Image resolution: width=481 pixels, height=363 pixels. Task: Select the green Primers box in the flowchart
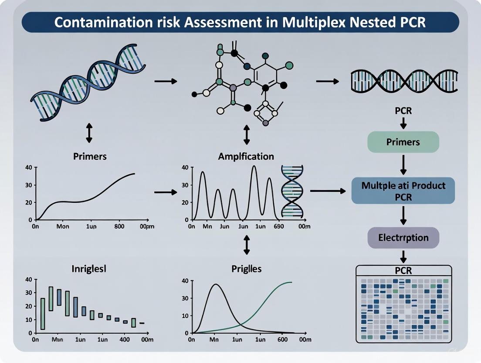tap(403, 142)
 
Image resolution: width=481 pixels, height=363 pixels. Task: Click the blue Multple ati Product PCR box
tap(403, 190)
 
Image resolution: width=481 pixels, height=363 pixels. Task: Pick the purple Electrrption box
tap(403, 238)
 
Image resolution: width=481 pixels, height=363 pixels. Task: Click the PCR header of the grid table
tap(403, 271)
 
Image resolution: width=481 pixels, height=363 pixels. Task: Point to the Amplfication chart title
tap(246, 156)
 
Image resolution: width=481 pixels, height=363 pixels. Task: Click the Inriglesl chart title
tap(89, 269)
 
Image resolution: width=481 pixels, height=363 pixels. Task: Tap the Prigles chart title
tap(246, 269)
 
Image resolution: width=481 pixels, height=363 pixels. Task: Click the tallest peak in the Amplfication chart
tap(254, 167)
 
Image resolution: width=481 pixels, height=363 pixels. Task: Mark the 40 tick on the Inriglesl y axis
tap(29, 280)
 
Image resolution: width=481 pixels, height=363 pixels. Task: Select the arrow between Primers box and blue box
tap(403, 165)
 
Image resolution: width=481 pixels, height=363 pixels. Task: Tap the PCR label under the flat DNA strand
tap(403, 111)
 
